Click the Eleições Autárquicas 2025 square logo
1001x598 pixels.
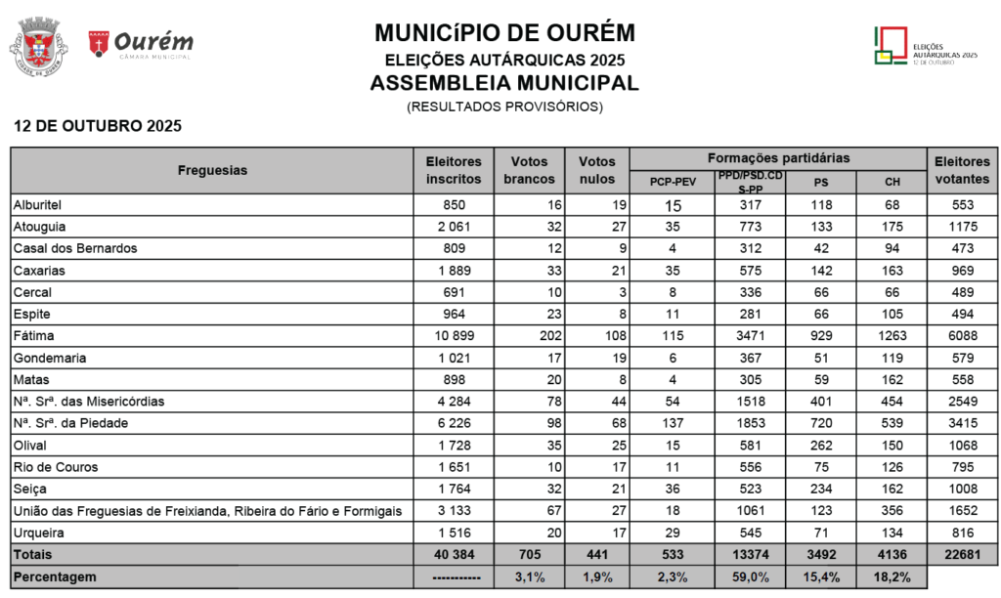[889, 45]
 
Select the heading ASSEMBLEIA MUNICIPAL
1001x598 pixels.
[504, 82]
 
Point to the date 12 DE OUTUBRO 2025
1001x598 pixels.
[97, 126]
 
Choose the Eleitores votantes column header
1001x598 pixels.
[962, 170]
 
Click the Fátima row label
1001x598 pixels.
[33, 335]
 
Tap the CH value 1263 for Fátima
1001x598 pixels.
[892, 335]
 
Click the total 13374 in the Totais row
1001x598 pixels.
[751, 554]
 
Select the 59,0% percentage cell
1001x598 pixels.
[751, 577]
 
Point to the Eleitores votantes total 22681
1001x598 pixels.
[962, 554]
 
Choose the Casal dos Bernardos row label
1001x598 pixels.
[75, 248]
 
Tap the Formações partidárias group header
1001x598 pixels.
[778, 157]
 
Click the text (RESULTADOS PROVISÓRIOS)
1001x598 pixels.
[504, 106]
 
